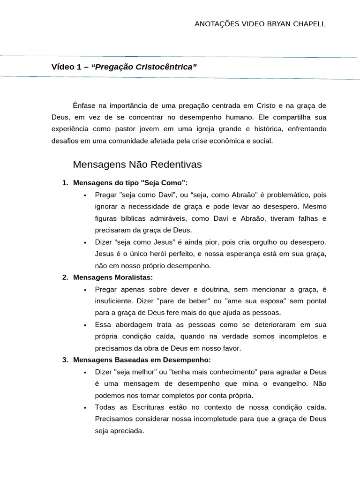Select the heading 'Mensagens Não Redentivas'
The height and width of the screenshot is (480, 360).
tap(137, 165)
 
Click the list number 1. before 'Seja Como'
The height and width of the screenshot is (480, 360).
tap(65, 183)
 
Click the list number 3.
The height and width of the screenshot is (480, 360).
tap(65, 360)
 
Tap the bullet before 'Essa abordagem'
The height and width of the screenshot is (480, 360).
tap(85, 325)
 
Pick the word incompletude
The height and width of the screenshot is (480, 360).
tap(220, 419)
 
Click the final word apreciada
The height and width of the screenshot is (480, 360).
tap(127, 431)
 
